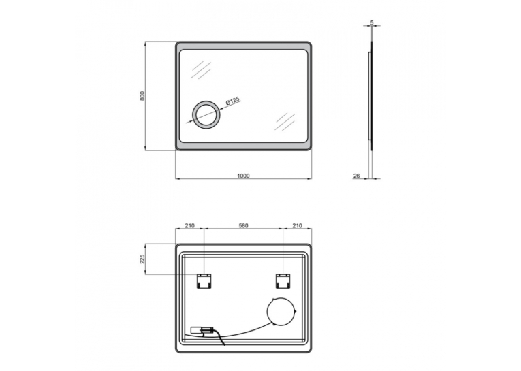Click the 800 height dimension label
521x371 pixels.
pyautogui.click(x=142, y=96)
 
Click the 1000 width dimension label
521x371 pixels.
pyautogui.click(x=243, y=176)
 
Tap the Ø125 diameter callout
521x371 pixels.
pyautogui.click(x=233, y=101)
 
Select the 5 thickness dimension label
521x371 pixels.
pyautogui.click(x=372, y=22)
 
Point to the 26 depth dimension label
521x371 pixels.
pyautogui.click(x=356, y=176)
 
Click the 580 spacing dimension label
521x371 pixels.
pyautogui.click(x=243, y=225)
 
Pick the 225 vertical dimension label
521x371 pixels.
pyautogui.click(x=142, y=259)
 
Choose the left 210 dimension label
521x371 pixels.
pyautogui.click(x=189, y=225)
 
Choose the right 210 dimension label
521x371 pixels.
pyautogui.click(x=297, y=225)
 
